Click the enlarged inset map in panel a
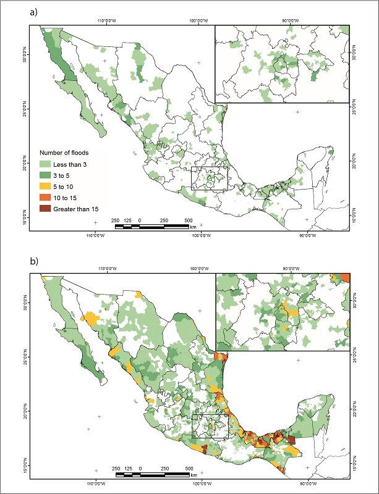[x=281, y=64]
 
